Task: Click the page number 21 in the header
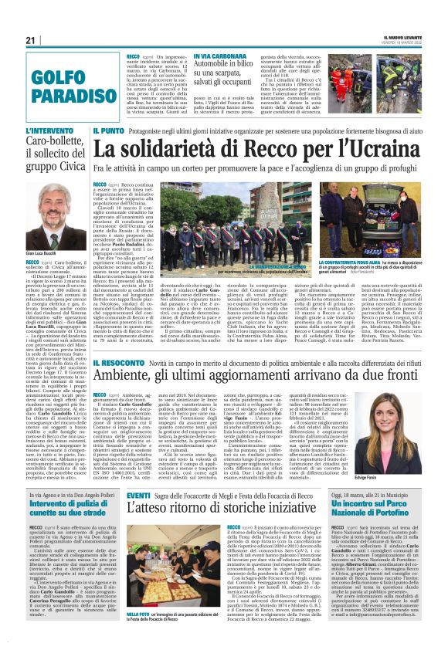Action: (32, 39)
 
